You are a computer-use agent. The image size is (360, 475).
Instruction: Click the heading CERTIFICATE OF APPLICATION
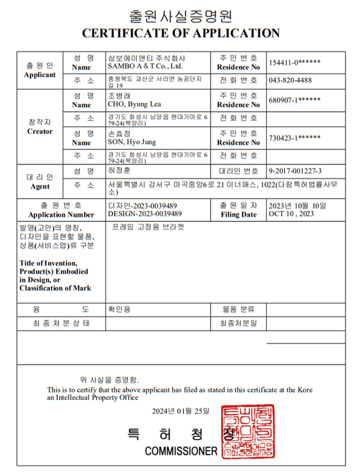click(180, 33)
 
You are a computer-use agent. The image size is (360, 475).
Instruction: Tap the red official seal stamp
click(248, 432)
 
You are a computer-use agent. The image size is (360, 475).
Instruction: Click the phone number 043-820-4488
click(290, 80)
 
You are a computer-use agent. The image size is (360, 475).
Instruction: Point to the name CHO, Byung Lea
click(134, 104)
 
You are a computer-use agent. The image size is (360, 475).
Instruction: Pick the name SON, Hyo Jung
click(132, 142)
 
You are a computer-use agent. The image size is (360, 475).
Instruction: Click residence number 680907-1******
click(294, 100)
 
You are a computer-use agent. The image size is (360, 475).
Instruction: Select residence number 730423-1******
click(294, 138)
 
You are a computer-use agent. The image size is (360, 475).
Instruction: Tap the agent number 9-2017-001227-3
click(295, 171)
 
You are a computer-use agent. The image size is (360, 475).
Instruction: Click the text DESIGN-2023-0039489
click(145, 214)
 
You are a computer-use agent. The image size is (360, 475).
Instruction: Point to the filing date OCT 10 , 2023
click(291, 214)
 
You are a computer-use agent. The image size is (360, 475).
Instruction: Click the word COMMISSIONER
click(181, 451)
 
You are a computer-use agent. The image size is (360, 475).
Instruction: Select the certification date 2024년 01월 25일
click(180, 411)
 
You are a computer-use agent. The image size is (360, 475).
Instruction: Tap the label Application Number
click(61, 214)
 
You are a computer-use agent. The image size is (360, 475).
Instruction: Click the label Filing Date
click(238, 214)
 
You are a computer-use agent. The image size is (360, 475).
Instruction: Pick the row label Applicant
click(40, 75)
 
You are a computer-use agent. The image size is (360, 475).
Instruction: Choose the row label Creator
click(40, 131)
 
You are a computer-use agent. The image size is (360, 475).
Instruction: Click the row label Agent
click(40, 186)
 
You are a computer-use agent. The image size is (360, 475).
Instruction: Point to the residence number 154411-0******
click(294, 62)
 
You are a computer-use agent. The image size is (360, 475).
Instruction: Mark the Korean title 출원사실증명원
click(180, 15)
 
